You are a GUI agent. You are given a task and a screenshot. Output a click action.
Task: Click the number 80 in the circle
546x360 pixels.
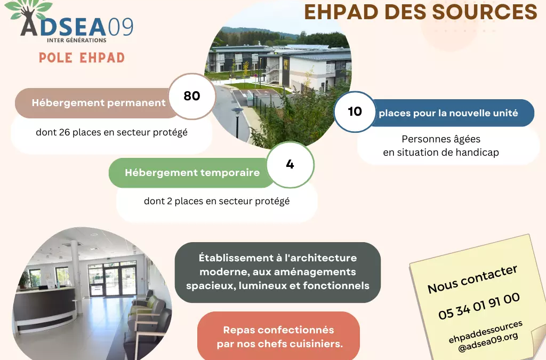click(192, 96)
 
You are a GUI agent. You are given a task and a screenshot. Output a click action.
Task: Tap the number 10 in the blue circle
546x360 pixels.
click(355, 111)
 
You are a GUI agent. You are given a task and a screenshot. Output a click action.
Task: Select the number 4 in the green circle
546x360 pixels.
click(290, 164)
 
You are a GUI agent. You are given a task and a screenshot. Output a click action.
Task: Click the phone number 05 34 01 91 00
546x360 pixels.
click(479, 306)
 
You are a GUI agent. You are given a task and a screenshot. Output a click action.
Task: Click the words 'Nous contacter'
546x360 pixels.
click(472, 279)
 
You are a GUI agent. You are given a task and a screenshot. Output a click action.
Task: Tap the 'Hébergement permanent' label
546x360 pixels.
click(99, 103)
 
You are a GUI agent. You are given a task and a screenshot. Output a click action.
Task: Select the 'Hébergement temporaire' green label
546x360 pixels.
click(192, 173)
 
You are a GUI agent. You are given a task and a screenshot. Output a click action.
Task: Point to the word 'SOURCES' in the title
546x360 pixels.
click(485, 12)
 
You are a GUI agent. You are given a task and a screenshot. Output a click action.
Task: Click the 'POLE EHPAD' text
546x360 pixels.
click(82, 58)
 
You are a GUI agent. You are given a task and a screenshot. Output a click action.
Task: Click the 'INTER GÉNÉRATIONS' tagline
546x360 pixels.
click(77, 40)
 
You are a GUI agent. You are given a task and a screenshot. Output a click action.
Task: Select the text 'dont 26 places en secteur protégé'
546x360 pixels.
click(112, 132)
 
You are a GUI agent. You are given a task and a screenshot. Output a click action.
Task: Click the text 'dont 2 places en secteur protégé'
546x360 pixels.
click(216, 201)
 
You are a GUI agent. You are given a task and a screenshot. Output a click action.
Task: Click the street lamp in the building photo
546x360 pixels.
click(237, 122)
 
